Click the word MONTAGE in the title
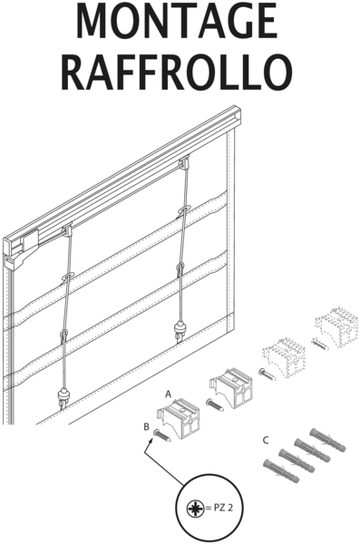[177, 21]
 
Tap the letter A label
[169, 394]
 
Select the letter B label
[147, 426]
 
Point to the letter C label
[266, 441]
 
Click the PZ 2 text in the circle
[223, 508]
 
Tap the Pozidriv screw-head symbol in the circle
[196, 509]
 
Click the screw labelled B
[162, 435]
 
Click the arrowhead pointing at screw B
[151, 441]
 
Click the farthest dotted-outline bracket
[336, 326]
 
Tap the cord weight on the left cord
[63, 397]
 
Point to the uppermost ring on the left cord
[67, 277]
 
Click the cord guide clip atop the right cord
[184, 161]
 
